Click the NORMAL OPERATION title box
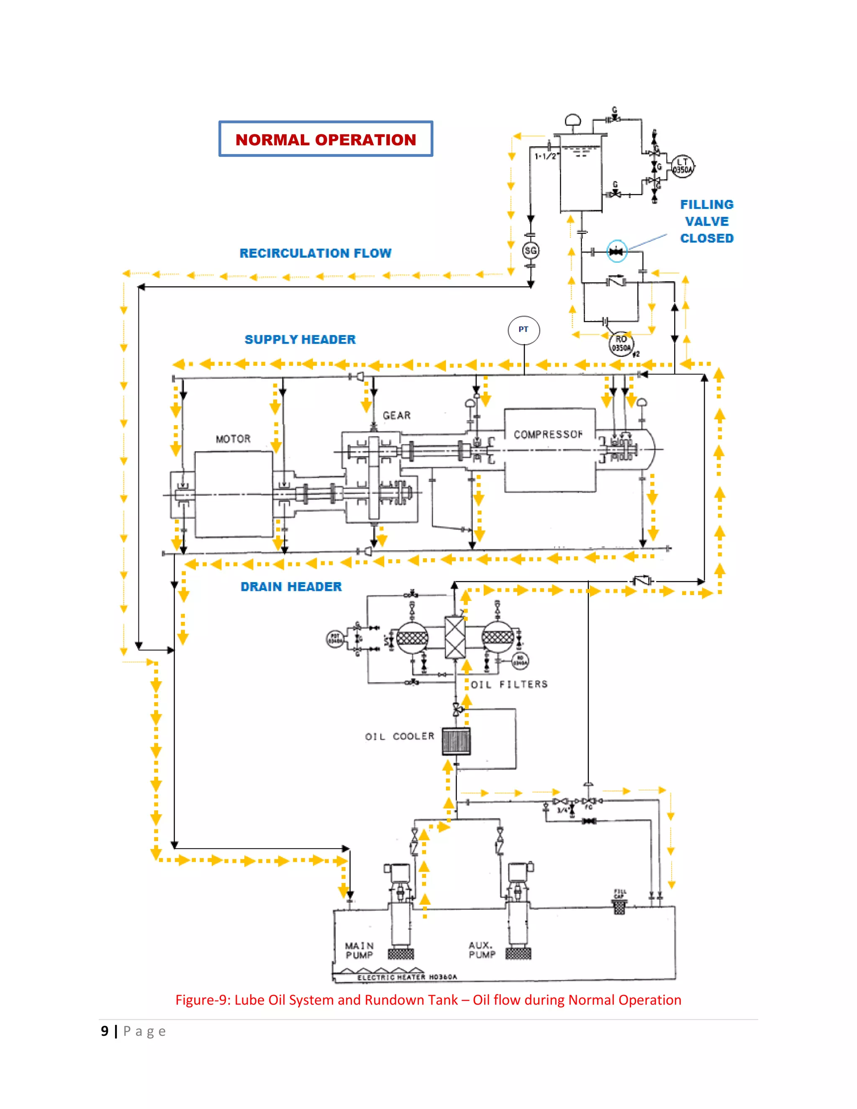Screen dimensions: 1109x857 pos(326,139)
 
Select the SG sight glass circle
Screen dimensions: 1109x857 pos(530,250)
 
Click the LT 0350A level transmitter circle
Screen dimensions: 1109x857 pos(683,166)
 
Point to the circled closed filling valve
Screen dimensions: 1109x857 pos(616,251)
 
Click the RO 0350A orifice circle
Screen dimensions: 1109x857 pos(621,344)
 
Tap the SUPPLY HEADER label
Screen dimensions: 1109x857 pos(300,340)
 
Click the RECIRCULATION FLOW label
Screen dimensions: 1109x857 pos(315,253)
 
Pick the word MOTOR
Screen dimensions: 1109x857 pos(233,439)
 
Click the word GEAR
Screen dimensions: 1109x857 pos(397,416)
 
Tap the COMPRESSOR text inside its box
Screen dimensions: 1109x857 pos(548,435)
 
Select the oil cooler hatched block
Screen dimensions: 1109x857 pos(456,742)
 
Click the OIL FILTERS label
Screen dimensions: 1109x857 pos(509,685)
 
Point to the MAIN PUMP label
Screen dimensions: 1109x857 pos(359,950)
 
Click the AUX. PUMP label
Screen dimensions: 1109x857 pos(482,950)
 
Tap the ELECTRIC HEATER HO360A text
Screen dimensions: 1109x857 pos(407,977)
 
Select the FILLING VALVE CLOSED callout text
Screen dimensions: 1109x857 pos(707,221)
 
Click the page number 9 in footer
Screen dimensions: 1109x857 pos(105,1031)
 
